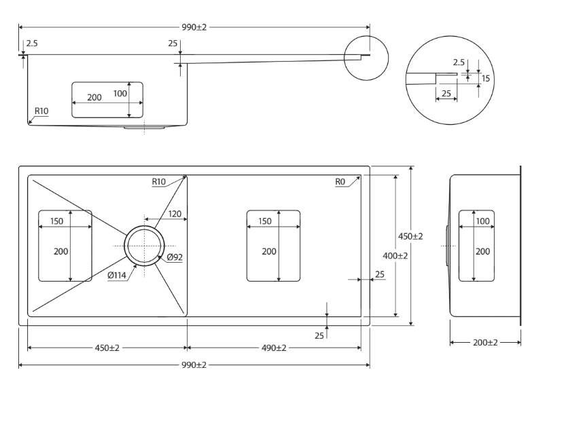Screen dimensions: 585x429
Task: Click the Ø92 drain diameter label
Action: [175, 257]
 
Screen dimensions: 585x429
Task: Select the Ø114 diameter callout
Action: [117, 276]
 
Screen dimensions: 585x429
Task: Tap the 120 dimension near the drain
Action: [175, 214]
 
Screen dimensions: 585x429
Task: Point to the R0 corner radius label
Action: [340, 182]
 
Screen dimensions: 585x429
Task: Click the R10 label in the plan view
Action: [158, 182]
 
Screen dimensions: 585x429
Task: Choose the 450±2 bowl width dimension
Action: [107, 348]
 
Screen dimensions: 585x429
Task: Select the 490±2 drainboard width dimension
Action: [274, 348]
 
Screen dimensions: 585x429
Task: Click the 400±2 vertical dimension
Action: [395, 256]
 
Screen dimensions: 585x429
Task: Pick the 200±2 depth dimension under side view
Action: [485, 343]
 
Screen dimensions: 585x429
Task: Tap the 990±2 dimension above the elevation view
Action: [194, 27]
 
